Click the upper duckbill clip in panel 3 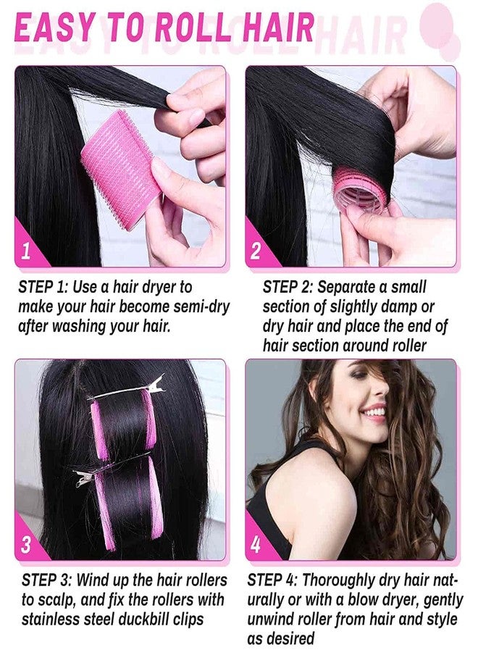coord(127,389)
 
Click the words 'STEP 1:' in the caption coord(43,287)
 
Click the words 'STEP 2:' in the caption coord(288,287)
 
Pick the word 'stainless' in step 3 coord(49,619)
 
